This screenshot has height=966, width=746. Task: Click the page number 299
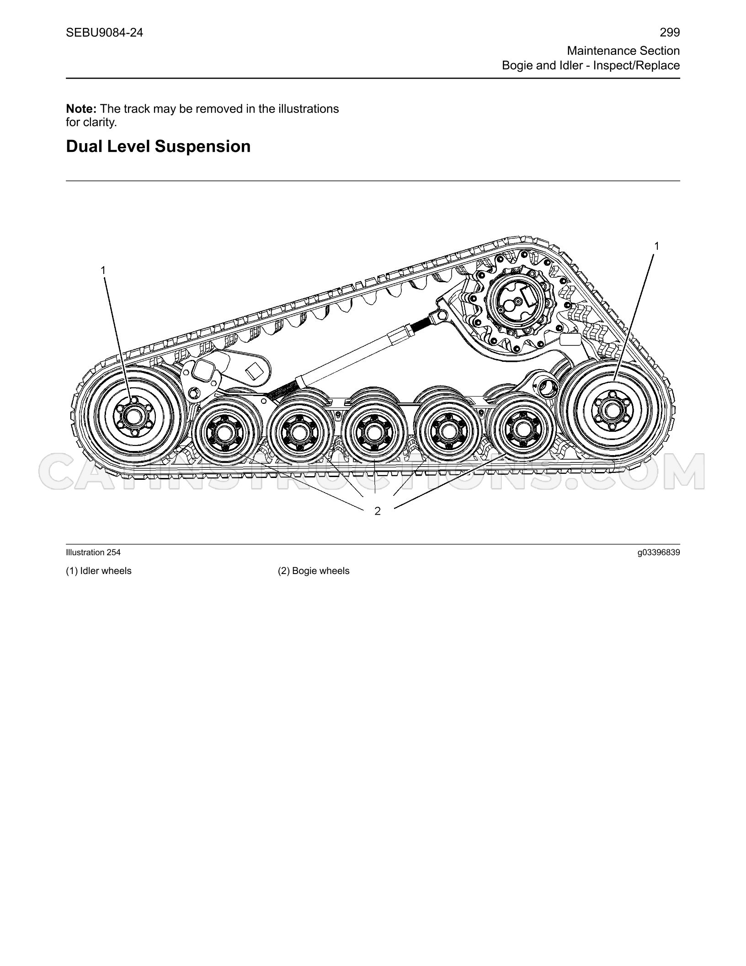click(670, 32)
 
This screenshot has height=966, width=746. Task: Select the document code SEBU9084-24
click(104, 32)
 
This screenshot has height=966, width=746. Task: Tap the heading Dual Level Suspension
click(158, 146)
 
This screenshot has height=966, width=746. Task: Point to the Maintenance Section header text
click(623, 50)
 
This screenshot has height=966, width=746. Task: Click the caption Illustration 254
click(93, 553)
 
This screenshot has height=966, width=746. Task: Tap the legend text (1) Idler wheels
click(99, 571)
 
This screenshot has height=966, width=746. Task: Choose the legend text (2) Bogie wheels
click(314, 571)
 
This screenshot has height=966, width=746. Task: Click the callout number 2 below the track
click(378, 511)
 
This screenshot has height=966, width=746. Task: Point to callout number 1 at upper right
click(656, 247)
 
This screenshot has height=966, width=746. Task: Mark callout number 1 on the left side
click(103, 271)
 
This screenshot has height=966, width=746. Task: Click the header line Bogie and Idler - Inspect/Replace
click(591, 65)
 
